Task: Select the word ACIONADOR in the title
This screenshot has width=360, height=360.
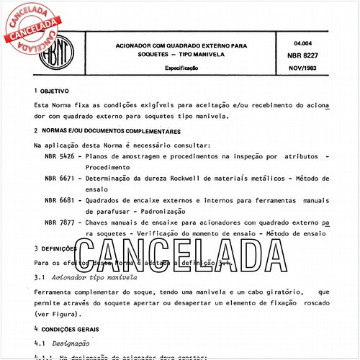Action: [140, 44]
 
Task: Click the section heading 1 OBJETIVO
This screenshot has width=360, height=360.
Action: [51, 92]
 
